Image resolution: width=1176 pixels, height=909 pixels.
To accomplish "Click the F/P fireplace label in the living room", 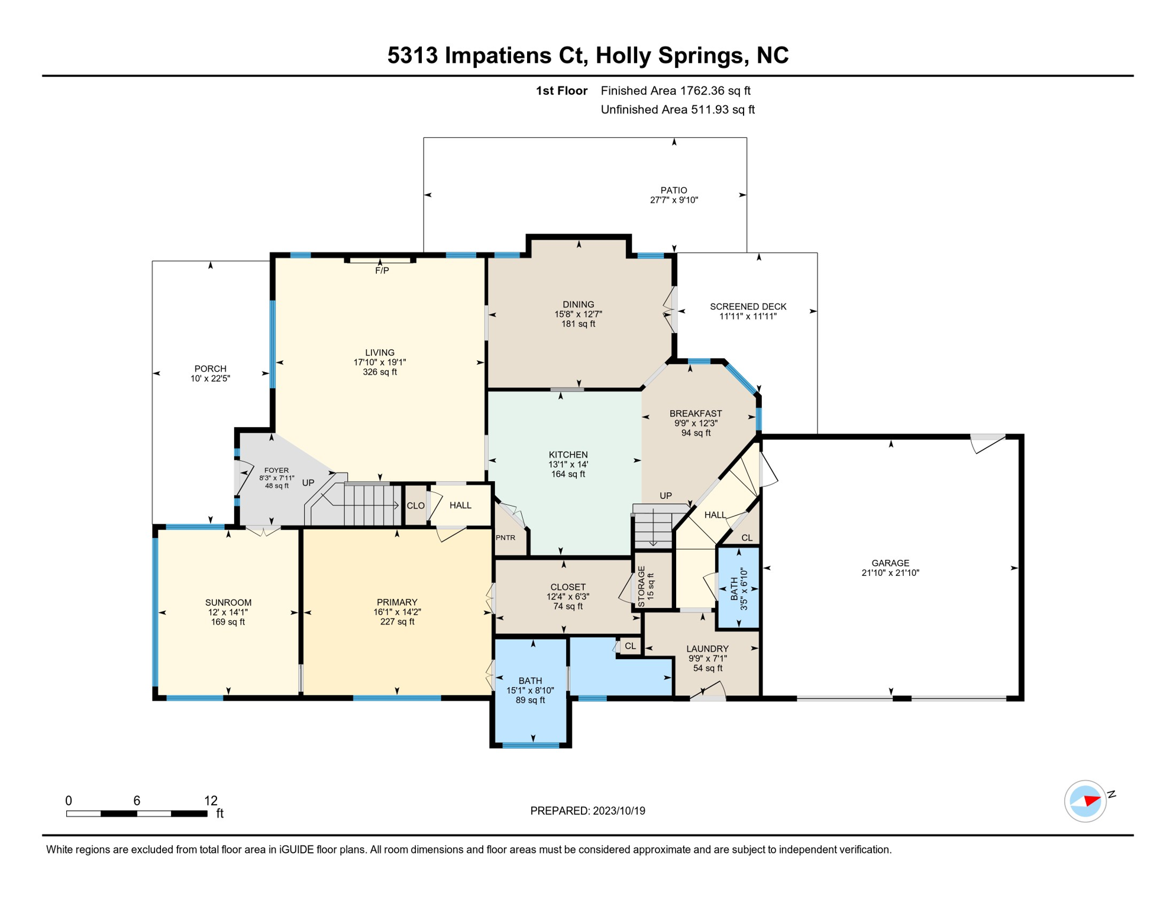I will [x=382, y=270].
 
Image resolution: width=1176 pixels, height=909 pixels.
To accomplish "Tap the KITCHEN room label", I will [x=568, y=454].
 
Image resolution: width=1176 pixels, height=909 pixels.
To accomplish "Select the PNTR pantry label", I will [x=505, y=537].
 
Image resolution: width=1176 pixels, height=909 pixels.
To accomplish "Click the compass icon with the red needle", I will [x=1085, y=801].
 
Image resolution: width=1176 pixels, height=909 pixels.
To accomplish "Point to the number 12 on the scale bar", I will [x=211, y=801].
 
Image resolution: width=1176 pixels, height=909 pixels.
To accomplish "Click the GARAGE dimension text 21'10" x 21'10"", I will [x=890, y=573].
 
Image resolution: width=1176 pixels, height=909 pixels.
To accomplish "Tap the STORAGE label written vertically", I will [x=641, y=586].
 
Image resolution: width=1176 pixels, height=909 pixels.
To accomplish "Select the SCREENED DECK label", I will [x=748, y=307].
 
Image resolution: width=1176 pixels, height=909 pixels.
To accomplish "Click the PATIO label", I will [x=674, y=190].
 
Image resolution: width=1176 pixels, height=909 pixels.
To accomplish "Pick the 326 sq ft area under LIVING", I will [x=380, y=372].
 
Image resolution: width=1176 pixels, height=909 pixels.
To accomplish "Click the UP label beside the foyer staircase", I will [x=308, y=482].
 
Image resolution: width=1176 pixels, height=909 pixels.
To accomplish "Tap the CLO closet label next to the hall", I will [x=415, y=505].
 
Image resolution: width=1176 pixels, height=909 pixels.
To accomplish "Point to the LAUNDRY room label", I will [x=707, y=649].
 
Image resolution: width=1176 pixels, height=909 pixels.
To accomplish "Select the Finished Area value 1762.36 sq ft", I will [x=715, y=91].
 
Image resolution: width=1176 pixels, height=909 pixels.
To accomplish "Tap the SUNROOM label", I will [x=228, y=602].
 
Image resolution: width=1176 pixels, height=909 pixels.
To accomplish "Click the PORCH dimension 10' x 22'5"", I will [x=210, y=378].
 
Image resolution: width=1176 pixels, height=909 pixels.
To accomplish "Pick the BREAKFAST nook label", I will [x=695, y=413].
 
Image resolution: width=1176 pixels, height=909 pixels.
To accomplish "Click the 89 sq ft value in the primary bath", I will [x=530, y=700].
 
